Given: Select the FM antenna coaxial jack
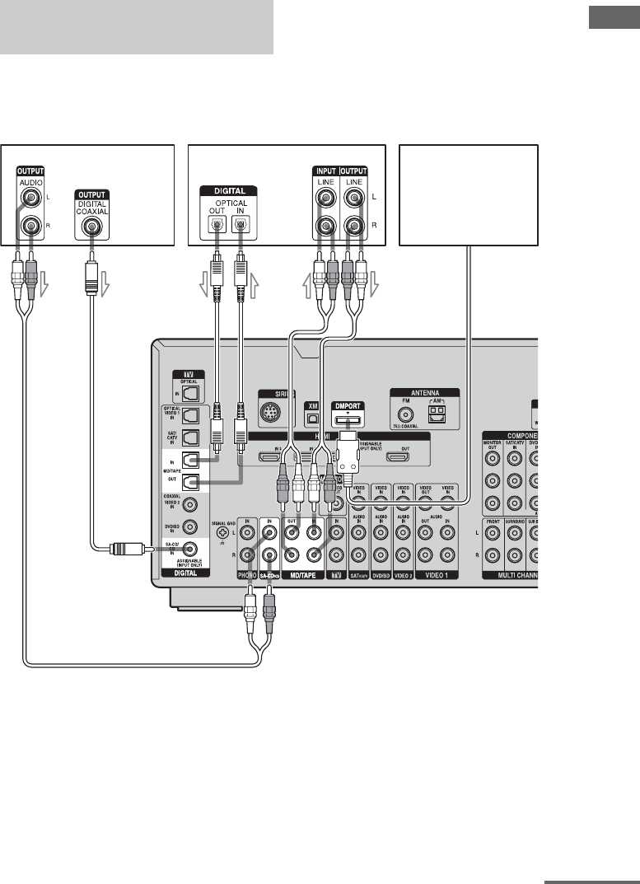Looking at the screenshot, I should [x=405, y=417].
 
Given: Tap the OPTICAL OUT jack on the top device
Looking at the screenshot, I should [x=216, y=222].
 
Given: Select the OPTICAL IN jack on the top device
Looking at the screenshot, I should [x=240, y=222].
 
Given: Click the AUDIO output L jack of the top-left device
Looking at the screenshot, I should [x=31, y=199].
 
